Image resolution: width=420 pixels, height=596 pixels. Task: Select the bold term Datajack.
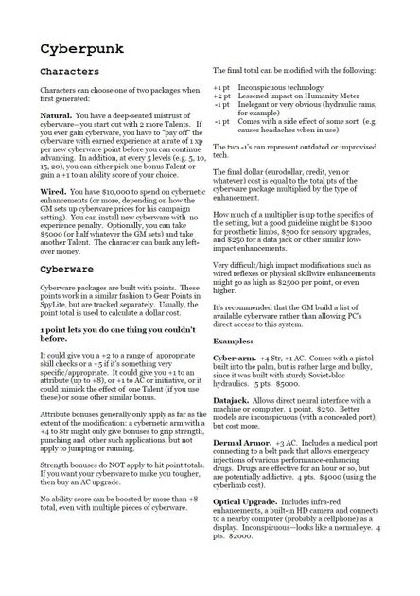point(232,428)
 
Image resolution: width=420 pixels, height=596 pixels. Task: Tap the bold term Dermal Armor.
point(244,470)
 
